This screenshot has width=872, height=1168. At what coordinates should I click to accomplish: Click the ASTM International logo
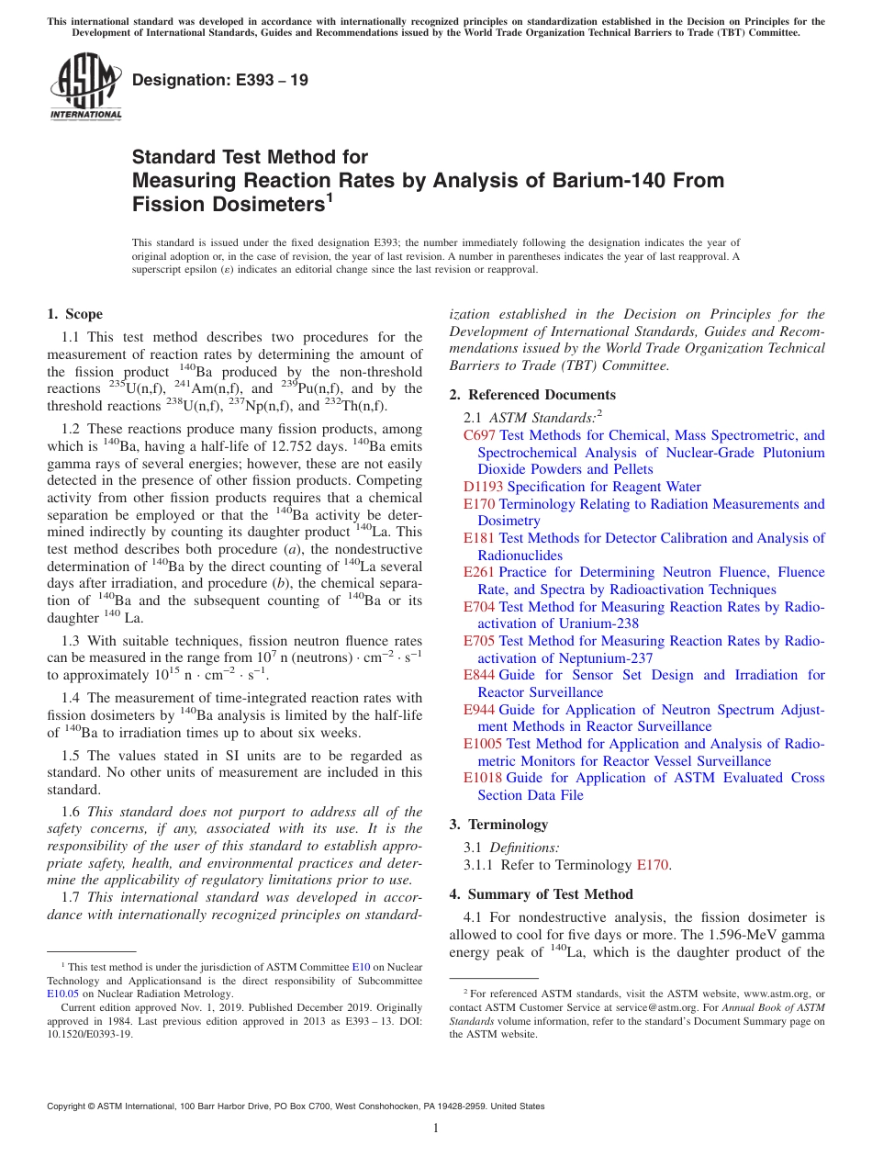click(x=84, y=87)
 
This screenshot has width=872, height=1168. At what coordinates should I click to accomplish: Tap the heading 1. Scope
click(x=74, y=314)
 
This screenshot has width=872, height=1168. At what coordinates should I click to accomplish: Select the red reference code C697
click(x=480, y=435)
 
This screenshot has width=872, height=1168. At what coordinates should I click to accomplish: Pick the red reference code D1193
click(x=483, y=487)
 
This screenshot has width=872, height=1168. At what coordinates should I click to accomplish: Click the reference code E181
click(x=479, y=538)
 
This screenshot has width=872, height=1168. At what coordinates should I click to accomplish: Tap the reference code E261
click(x=479, y=572)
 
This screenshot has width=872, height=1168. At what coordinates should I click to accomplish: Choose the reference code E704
click(x=479, y=606)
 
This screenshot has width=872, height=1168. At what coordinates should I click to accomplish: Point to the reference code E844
click(x=479, y=675)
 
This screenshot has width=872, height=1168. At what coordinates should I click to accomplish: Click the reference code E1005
click(x=483, y=744)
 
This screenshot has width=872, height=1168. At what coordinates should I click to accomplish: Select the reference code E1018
click(x=483, y=778)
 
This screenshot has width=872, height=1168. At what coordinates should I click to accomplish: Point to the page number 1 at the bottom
click(x=436, y=1129)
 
